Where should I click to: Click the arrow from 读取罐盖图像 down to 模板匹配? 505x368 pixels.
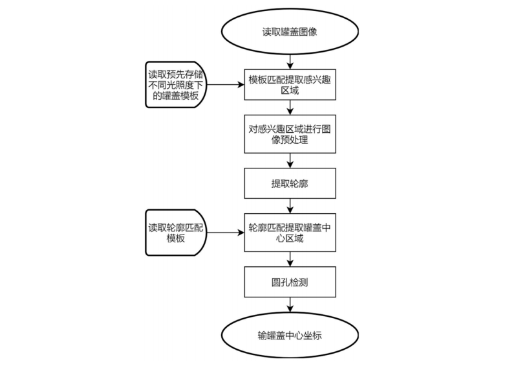(x=290, y=62)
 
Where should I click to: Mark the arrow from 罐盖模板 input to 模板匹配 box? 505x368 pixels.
(x=226, y=85)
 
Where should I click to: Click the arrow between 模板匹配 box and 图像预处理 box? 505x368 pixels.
(x=290, y=108)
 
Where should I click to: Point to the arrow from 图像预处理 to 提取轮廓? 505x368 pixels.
(x=290, y=161)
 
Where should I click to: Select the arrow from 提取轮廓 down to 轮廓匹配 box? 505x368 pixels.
(x=290, y=206)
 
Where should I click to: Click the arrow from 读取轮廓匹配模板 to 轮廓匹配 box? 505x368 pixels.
(x=226, y=233)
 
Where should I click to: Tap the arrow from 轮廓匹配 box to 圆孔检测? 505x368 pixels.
(x=290, y=259)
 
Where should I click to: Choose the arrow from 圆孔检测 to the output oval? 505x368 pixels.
(x=290, y=305)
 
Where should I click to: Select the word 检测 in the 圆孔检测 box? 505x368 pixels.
(x=299, y=282)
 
